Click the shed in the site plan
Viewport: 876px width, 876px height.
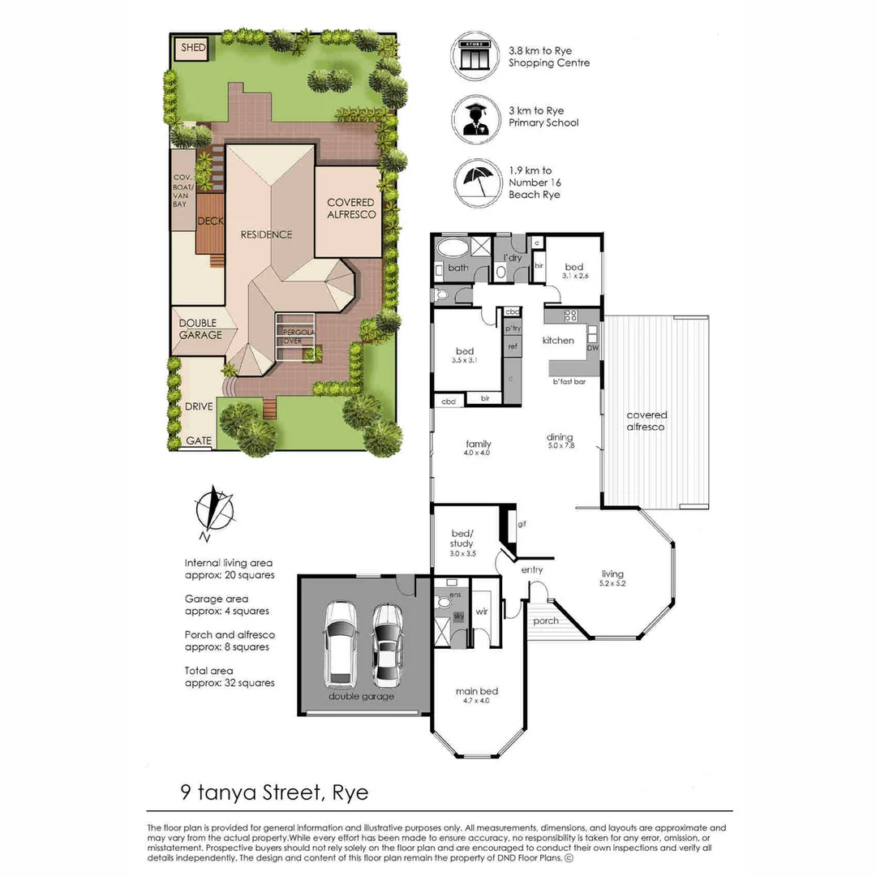tap(193, 49)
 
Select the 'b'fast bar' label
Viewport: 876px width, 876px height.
tap(569, 381)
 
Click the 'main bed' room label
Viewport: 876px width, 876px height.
tap(477, 691)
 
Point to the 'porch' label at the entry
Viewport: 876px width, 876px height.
tap(545, 621)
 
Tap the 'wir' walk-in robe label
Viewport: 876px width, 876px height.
tap(481, 611)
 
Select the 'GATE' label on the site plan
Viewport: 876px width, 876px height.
tap(200, 441)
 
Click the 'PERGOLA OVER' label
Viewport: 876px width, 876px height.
tap(294, 337)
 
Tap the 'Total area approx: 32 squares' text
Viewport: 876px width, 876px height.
tap(230, 676)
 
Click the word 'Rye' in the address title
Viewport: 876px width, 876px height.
tap(350, 791)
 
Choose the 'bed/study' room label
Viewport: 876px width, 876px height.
tap(462, 539)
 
